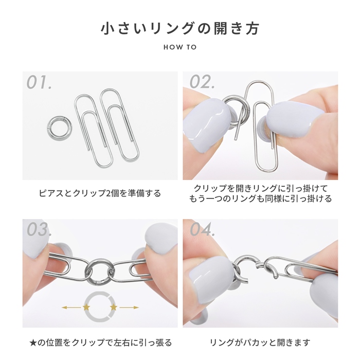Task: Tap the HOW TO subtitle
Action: click(x=179, y=47)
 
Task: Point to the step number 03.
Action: click(x=38, y=230)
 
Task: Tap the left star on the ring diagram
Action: click(x=86, y=308)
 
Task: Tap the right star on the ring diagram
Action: click(x=113, y=308)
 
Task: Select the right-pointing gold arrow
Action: click(x=129, y=308)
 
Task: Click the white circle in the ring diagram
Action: click(x=100, y=308)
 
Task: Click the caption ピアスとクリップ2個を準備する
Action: click(x=100, y=193)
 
